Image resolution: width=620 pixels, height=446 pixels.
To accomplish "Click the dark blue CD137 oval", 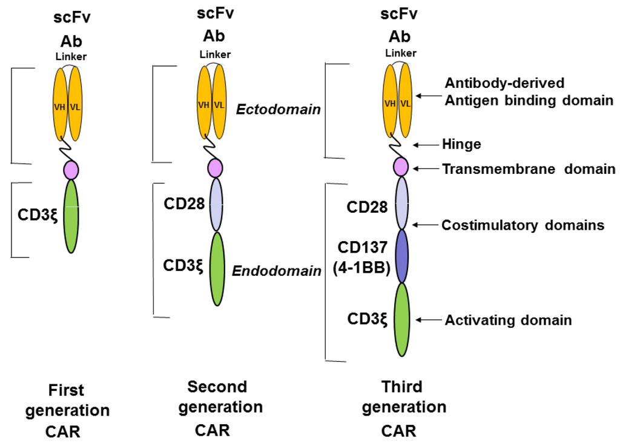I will pos(401,256).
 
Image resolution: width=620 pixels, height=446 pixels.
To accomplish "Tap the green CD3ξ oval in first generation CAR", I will pos(71,216).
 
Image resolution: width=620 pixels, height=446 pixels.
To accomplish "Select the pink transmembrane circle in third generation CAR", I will pos(401,165).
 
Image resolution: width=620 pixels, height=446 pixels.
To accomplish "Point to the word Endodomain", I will pos(277,271).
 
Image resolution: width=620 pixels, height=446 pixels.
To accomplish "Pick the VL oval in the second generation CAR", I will pos(220,104).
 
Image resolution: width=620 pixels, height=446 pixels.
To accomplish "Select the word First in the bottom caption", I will pos(67,390).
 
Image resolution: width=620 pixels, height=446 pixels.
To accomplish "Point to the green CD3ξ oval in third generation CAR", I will pos(400,320).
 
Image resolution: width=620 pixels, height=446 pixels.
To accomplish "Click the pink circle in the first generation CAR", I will pos(71,168).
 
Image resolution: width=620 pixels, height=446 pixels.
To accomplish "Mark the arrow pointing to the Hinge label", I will pos(426,145).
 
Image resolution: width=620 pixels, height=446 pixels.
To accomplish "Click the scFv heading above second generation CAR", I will pos(214,12).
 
